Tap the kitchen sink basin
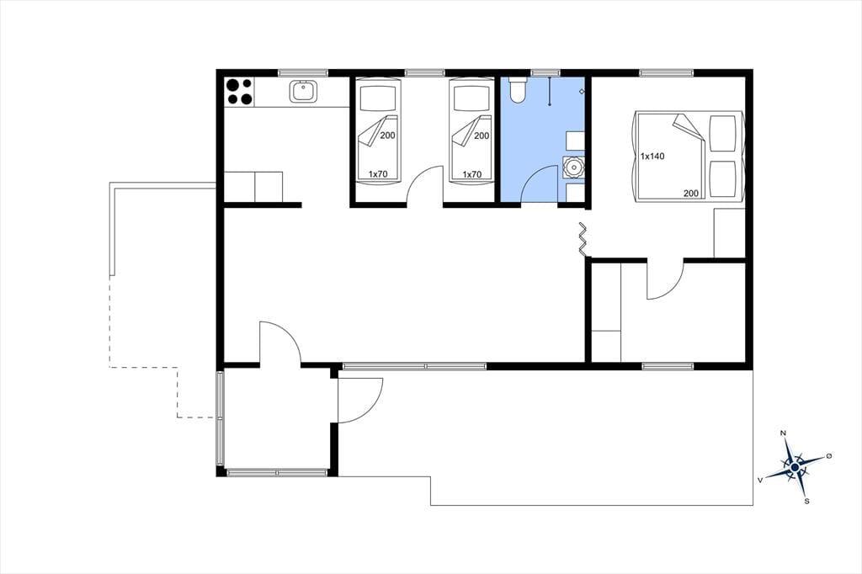(303, 91)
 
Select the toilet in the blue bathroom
(518, 90)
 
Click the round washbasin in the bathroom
(573, 167)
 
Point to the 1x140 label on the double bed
(652, 157)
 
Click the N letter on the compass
(784, 433)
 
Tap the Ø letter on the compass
(829, 456)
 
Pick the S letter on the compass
(807, 501)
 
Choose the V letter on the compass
(760, 480)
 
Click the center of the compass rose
(795, 467)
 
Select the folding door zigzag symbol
(583, 239)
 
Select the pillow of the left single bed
(378, 99)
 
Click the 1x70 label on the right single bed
(471, 174)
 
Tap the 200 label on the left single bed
(387, 136)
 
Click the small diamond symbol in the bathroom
(582, 91)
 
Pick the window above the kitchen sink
(303, 72)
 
